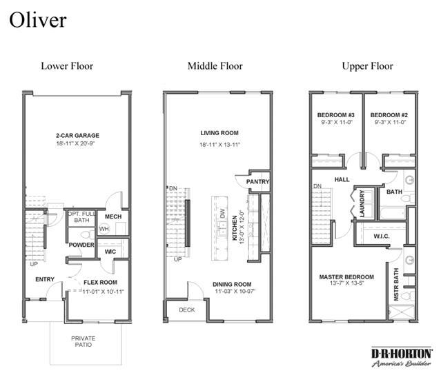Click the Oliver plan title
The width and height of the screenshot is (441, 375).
point(38,20)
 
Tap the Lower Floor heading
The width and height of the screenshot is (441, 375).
point(67,66)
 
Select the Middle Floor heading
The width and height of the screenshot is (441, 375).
point(215,66)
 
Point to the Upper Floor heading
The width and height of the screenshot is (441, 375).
point(367,66)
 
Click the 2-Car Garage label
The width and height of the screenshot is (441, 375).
point(77,135)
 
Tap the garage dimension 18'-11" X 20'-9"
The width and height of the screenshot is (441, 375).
point(76,143)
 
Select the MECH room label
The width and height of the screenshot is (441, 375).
point(113,216)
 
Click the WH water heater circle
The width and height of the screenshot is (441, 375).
point(104,229)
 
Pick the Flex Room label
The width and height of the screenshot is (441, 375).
point(100,283)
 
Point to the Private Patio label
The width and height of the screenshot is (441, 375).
point(84,341)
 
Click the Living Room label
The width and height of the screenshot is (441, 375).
point(219,133)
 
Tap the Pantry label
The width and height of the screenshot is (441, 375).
point(257,182)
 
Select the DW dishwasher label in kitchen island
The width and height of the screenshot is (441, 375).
point(222,213)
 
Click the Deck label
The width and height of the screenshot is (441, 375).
point(187,310)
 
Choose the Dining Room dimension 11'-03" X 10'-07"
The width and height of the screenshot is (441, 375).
point(235,292)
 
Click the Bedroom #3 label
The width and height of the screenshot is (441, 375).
point(336,115)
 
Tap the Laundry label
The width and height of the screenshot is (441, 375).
point(362,203)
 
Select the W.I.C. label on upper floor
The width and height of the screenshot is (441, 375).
point(382,236)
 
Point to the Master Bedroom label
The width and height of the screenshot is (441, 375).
point(346,277)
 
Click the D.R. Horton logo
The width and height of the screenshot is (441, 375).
point(402,357)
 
